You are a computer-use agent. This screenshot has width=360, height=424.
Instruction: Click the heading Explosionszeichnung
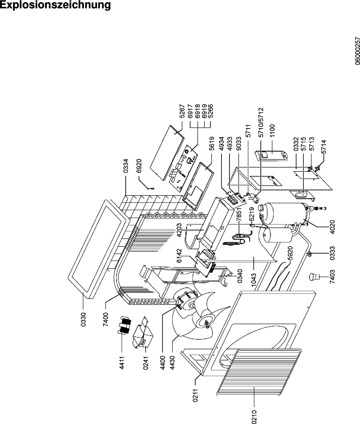(55, 5)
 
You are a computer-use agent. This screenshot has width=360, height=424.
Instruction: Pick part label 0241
(146, 363)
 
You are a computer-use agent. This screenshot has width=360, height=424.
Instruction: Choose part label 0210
(253, 416)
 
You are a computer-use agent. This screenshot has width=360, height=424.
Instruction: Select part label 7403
(332, 276)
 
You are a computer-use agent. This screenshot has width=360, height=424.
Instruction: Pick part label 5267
(182, 112)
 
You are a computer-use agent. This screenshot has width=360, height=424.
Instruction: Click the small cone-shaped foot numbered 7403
(313, 276)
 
